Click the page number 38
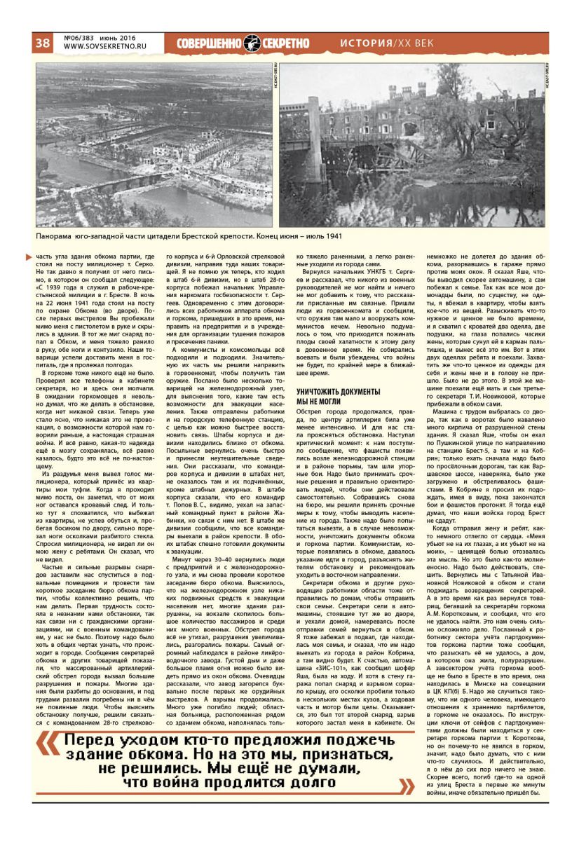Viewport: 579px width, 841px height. [42, 43]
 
